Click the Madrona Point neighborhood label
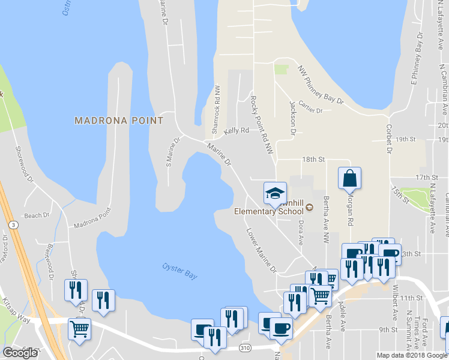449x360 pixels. (119, 121)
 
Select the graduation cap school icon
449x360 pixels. (275, 193)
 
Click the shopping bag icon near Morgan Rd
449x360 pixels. (349, 178)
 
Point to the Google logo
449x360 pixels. (20, 353)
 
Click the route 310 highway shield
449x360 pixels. (258, 347)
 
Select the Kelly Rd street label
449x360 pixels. (236, 130)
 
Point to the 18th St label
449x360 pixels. (313, 160)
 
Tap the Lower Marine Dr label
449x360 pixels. (261, 250)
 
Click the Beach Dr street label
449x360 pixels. (37, 215)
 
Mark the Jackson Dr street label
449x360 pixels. (293, 112)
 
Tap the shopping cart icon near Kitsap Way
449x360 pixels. (79, 329)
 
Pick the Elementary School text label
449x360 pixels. (268, 211)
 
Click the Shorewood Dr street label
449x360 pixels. (25, 163)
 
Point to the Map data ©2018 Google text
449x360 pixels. (411, 355)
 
